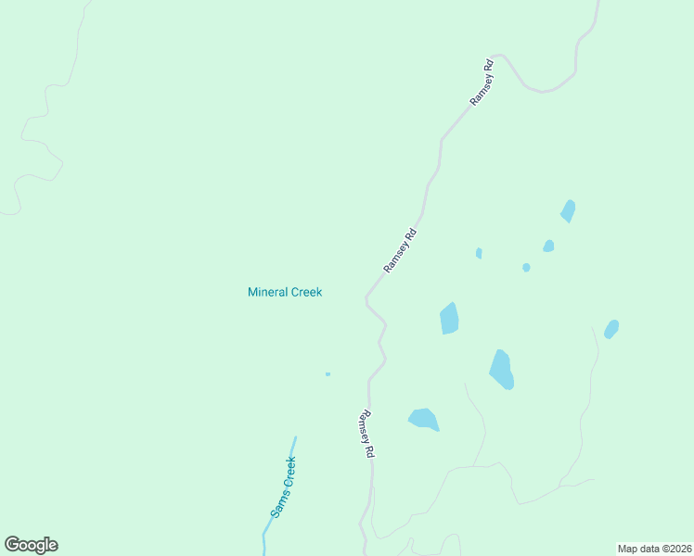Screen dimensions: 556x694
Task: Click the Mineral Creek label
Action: pos(285,292)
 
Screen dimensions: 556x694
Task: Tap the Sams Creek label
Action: pos(283,487)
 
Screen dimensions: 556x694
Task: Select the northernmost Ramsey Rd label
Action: pos(482,82)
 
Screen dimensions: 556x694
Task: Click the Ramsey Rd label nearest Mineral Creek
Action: pos(401,250)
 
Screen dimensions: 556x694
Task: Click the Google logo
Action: pos(31,545)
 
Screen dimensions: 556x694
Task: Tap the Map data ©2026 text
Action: pos(655,549)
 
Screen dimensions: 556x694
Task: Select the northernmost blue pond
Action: pos(568,211)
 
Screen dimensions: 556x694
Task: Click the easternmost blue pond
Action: pos(611,329)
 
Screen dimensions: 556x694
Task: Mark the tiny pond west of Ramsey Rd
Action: pos(328,374)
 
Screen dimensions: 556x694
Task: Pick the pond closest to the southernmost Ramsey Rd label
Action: pos(423,419)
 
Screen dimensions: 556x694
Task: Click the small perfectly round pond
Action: pos(526,268)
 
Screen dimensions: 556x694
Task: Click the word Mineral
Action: pos(268,292)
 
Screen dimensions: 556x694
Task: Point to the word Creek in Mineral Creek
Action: pos(306,292)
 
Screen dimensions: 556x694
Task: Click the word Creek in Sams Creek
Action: pos(288,473)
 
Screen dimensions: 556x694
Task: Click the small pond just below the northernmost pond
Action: pos(548,246)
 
